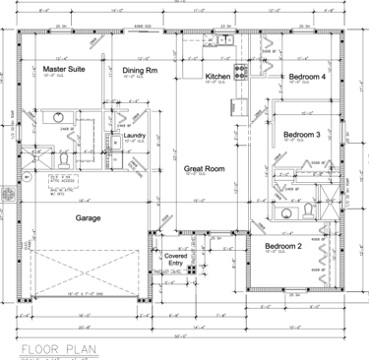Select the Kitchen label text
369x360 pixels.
pyautogui.click(x=217, y=76)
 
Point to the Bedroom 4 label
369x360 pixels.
pyautogui.click(x=307, y=76)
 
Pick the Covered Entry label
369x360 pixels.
pyautogui.click(x=175, y=259)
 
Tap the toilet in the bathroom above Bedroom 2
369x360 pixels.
pyautogui.click(x=307, y=210)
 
